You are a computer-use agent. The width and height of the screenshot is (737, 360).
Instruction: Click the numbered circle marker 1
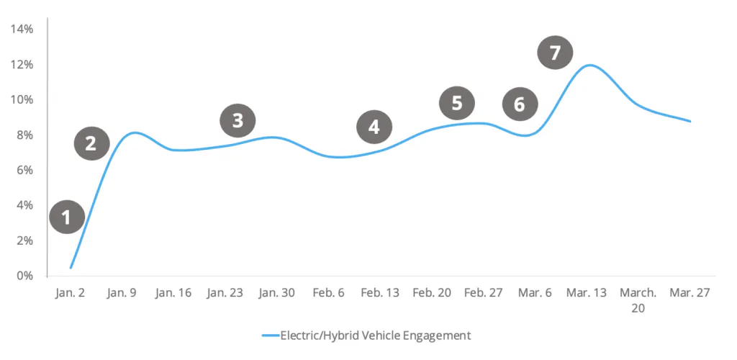click(67, 217)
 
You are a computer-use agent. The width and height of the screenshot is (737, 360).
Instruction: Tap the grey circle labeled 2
click(91, 143)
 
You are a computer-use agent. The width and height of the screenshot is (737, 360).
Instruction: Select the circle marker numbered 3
click(238, 121)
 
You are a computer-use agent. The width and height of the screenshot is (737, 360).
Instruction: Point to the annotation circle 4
click(374, 127)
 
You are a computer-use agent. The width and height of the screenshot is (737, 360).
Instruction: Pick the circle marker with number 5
click(457, 104)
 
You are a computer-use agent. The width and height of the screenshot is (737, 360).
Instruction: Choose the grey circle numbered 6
click(520, 104)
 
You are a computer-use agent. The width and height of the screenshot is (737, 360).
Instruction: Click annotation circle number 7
click(555, 53)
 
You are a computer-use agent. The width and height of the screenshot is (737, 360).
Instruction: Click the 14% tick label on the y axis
click(22, 30)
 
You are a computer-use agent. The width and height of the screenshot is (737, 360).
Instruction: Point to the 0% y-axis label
click(24, 276)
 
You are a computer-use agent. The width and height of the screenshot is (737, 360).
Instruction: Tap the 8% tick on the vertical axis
click(24, 135)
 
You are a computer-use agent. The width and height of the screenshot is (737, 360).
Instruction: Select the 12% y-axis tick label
click(22, 65)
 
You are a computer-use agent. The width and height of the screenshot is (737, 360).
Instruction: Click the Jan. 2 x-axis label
click(70, 294)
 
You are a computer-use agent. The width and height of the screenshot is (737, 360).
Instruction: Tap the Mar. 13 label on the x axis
click(587, 294)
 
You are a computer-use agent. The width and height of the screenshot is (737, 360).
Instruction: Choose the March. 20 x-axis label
click(638, 300)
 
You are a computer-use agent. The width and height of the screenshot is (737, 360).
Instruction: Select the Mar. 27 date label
click(690, 294)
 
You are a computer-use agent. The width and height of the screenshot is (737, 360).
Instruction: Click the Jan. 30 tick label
click(276, 294)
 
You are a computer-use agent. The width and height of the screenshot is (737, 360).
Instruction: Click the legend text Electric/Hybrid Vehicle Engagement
click(375, 336)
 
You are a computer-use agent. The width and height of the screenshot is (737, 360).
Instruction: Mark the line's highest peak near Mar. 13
click(589, 66)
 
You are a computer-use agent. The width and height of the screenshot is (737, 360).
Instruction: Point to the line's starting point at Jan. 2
click(71, 268)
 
